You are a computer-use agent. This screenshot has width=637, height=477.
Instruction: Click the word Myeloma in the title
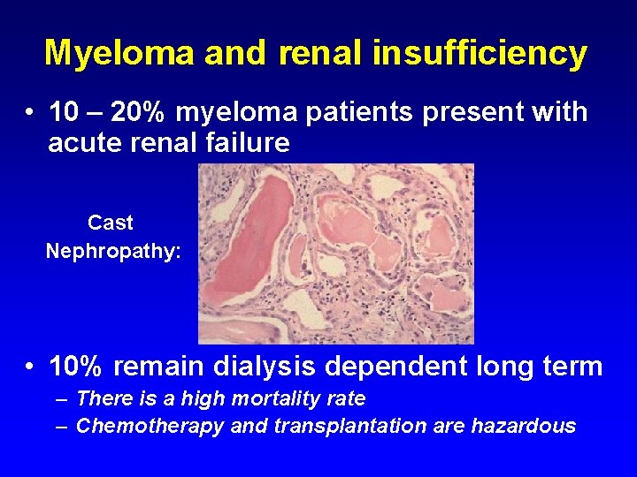click(120, 53)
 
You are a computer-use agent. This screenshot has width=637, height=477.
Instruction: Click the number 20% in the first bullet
click(141, 113)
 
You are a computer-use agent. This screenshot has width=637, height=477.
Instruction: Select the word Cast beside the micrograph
click(111, 223)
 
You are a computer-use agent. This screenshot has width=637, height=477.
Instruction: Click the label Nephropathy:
click(113, 252)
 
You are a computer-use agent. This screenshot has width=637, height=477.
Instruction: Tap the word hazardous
click(524, 427)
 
